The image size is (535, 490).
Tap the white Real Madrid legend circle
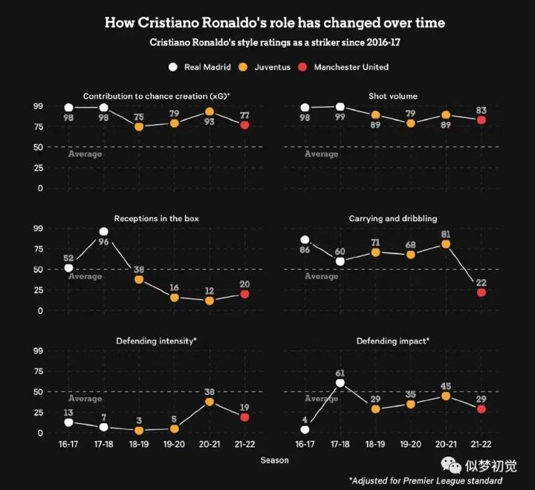tap(173, 67)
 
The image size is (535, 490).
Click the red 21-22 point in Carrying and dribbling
tap(481, 293)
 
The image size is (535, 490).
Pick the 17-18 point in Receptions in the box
tap(103, 232)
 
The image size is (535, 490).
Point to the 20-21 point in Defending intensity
tap(210, 402)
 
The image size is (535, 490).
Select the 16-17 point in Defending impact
tap(305, 430)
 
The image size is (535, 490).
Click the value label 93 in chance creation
tap(210, 122)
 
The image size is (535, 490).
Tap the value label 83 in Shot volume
tap(481, 111)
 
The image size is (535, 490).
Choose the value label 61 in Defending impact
tap(340, 373)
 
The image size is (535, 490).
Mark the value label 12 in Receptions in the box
tap(210, 291)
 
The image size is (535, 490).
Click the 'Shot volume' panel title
tap(392, 97)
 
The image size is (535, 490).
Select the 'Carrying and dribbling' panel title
tap(392, 219)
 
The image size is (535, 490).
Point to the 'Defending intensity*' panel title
tap(156, 342)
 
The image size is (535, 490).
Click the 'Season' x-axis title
tap(274, 460)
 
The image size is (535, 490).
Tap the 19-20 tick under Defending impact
tap(411, 443)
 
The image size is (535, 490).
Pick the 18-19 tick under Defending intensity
tap(139, 443)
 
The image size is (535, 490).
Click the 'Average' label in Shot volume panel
tap(321, 154)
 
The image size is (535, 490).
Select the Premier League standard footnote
tap(425, 481)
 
